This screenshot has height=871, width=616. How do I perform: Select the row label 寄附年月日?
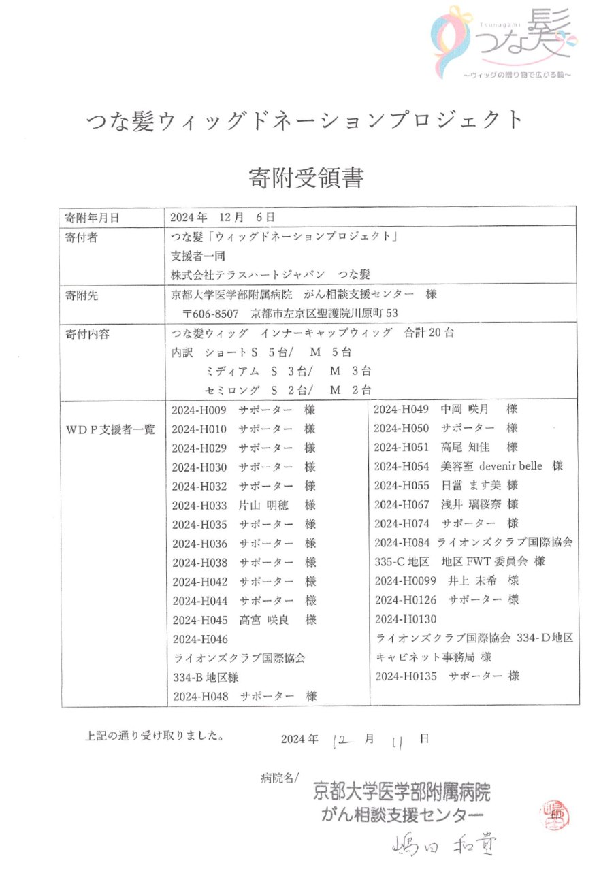tap(92, 218)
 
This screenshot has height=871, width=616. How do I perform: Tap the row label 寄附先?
tap(81, 295)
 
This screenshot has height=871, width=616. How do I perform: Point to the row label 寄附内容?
tap(86, 334)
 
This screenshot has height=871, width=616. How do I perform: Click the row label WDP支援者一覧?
tap(110, 429)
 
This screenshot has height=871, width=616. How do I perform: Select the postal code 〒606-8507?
tap(211, 314)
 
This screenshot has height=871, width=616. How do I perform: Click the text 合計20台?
tap(429, 333)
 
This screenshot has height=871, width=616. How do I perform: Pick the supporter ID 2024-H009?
tap(199, 411)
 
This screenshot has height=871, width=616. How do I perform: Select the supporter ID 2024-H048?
tap(199, 696)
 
